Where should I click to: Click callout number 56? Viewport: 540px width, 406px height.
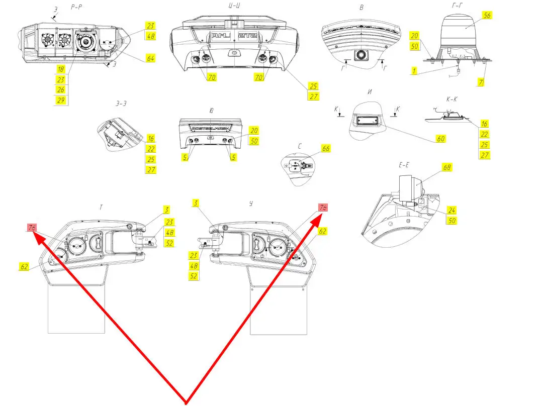click(486, 16)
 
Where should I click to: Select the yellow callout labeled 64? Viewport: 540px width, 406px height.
click(151, 58)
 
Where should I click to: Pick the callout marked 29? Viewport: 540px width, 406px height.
click(60, 100)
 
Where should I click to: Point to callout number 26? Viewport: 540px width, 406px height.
click(60, 89)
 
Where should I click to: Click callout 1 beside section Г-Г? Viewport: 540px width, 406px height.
click(414, 72)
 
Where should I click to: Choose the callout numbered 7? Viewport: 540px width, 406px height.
click(481, 81)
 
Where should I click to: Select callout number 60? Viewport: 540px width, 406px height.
click(440, 139)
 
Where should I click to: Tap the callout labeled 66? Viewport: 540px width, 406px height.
click(326, 149)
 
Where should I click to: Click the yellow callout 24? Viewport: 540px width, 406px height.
click(452, 211)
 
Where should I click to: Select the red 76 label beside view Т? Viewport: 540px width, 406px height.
click(32, 228)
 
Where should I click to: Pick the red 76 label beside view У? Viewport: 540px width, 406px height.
click(323, 208)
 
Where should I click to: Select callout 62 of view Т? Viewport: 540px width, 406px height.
click(24, 267)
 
